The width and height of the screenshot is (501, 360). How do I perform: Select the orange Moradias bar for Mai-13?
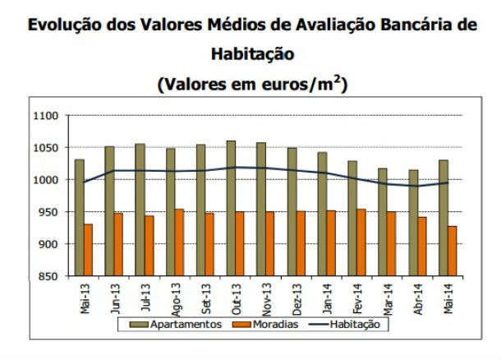tap(88, 250)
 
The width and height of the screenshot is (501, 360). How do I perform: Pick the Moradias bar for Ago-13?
tap(179, 242)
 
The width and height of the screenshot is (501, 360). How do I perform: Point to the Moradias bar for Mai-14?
tap(452, 251)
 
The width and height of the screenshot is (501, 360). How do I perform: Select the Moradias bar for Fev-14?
tap(361, 242)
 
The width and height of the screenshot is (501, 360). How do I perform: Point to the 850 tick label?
tap(46, 276)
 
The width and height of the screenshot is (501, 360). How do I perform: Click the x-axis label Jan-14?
tap(325, 298)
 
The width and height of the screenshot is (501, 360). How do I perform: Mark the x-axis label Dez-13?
tap(295, 298)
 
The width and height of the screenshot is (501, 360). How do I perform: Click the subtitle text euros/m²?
tap(308, 84)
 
